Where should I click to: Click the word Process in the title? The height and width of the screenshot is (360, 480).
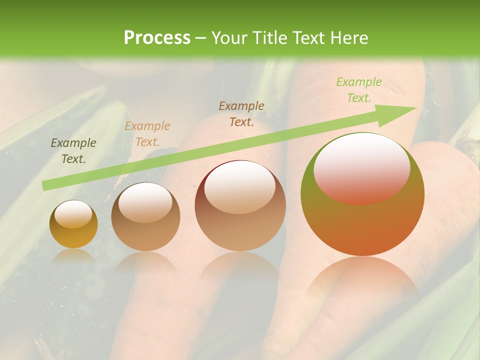(x=157, y=37)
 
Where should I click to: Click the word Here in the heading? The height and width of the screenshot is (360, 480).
(x=348, y=37)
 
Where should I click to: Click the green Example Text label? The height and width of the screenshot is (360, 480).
(x=358, y=90)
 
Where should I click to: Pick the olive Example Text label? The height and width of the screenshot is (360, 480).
(x=73, y=151)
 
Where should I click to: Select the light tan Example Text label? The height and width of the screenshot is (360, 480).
(x=147, y=134)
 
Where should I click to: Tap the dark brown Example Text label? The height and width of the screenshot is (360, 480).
(x=241, y=113)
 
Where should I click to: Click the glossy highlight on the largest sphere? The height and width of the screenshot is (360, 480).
(x=361, y=167)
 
